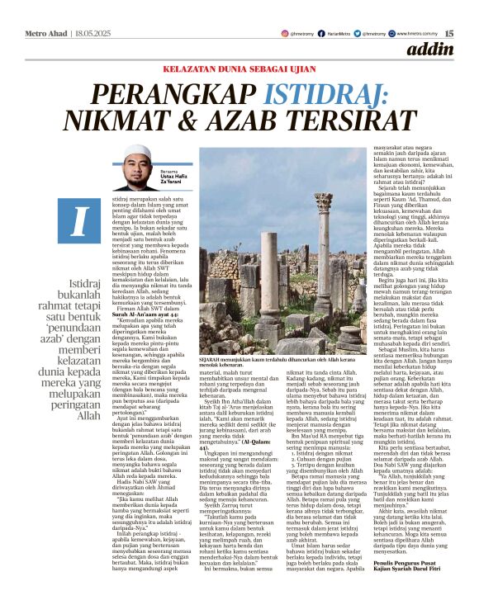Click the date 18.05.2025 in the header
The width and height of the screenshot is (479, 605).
coord(88,11)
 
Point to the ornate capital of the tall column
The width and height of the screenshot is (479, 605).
coord(322,199)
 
